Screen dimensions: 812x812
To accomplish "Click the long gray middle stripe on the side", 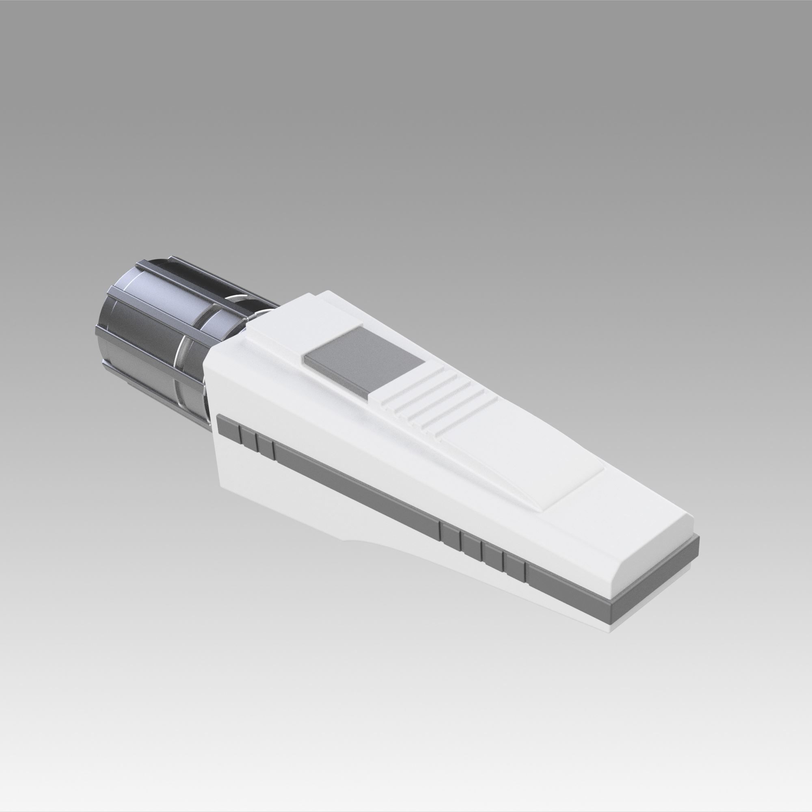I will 357,488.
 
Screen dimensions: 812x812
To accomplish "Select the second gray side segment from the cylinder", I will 248,437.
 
